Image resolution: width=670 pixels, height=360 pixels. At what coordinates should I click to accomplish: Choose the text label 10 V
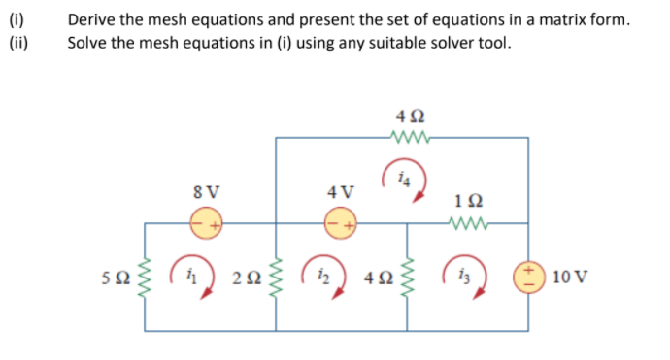[567, 278]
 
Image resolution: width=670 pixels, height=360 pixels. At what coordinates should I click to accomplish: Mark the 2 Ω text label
[247, 278]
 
